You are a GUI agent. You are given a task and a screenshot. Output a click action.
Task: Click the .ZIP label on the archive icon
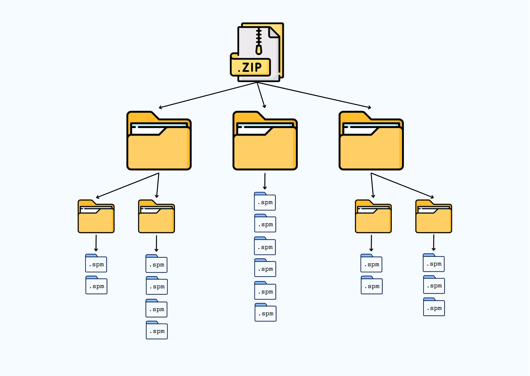[x=250, y=67]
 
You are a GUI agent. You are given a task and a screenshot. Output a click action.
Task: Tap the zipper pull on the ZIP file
[x=259, y=49]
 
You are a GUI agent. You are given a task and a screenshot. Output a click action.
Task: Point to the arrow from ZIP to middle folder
[x=261, y=95]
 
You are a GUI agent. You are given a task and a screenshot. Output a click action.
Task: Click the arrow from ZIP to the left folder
[x=208, y=95]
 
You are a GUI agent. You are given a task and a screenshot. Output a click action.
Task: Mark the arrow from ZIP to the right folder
[x=314, y=95]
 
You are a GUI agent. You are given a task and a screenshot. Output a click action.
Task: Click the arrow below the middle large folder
[x=265, y=181]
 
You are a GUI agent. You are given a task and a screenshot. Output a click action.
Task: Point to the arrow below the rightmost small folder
[x=434, y=243]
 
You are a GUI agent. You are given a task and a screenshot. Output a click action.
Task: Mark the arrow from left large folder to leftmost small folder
[x=127, y=186]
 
